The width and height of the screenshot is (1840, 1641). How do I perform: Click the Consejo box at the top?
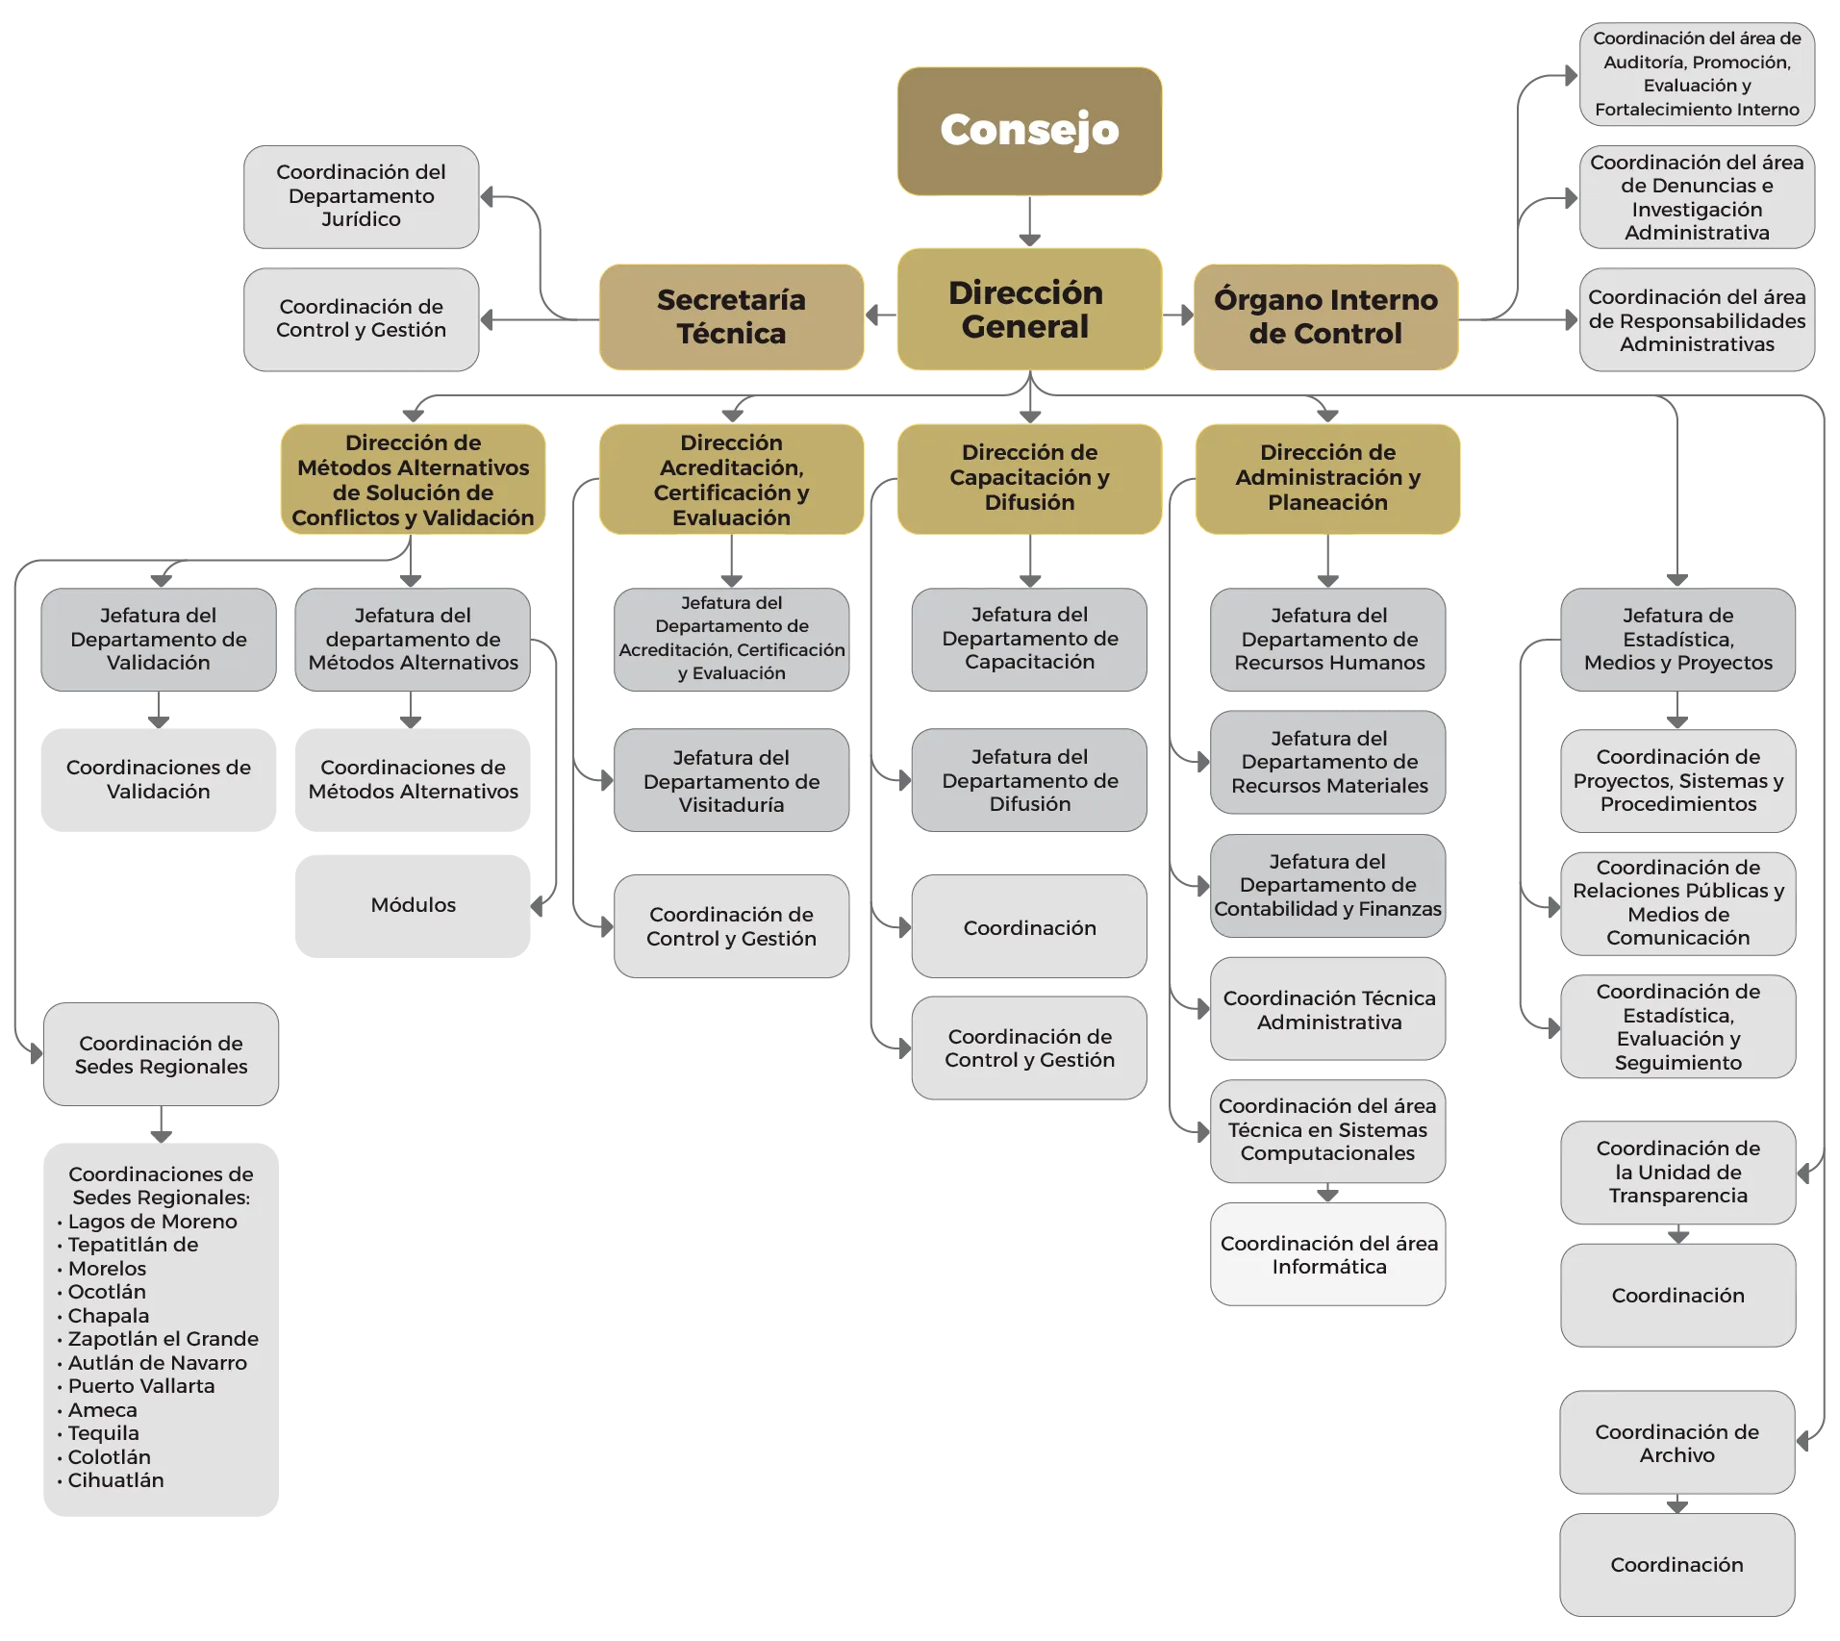pyautogui.click(x=1029, y=131)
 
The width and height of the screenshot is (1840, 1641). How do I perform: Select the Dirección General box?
pyautogui.click(x=1027, y=310)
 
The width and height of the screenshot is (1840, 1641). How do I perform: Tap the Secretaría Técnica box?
pyautogui.click(x=731, y=316)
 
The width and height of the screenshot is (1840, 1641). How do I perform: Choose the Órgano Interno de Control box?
pyautogui.click(x=1325, y=316)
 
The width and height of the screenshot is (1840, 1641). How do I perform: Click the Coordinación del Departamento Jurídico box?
pyautogui.click(x=361, y=196)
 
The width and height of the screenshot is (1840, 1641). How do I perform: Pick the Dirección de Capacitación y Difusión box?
pyautogui.click(x=1029, y=478)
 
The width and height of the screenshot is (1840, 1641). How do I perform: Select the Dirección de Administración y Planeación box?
pyautogui.click(x=1327, y=478)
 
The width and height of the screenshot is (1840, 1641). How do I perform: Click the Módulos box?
pyautogui.click(x=413, y=906)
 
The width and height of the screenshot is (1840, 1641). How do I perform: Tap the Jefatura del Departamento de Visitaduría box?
pyautogui.click(x=731, y=781)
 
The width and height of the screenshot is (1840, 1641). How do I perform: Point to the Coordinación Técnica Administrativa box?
pyautogui.click(x=1328, y=1010)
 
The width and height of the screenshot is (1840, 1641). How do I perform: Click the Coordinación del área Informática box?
pyautogui.click(x=1328, y=1255)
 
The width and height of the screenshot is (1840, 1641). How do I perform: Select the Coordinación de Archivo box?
pyautogui.click(x=1676, y=1444)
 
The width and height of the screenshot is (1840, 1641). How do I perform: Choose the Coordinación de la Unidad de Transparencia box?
pyautogui.click(x=1677, y=1173)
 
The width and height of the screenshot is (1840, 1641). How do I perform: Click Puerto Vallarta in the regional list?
pyautogui.click(x=141, y=1386)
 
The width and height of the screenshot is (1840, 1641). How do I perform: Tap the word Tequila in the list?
pyautogui.click(x=103, y=1433)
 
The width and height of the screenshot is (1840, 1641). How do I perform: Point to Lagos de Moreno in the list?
pyautogui.click(x=152, y=1222)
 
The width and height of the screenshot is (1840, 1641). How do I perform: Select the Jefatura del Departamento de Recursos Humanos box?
pyautogui.click(x=1328, y=640)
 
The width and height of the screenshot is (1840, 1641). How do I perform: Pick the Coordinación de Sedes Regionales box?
pyautogui.click(x=161, y=1055)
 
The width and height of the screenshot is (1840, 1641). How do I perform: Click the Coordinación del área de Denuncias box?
pyautogui.click(x=1696, y=198)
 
